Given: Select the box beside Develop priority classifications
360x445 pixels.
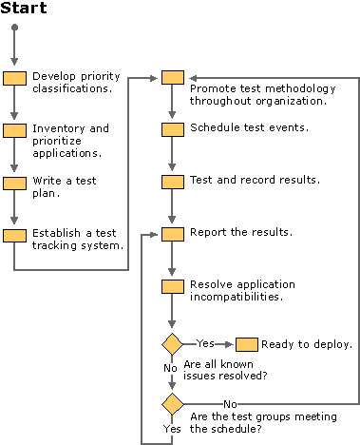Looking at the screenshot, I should click(14, 79).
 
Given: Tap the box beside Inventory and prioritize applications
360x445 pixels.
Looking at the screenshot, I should click(14, 130).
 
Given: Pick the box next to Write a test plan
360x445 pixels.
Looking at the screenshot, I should click(14, 183).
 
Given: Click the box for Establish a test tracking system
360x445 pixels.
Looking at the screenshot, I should click(14, 235).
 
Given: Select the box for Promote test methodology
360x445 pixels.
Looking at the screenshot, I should click(172, 78).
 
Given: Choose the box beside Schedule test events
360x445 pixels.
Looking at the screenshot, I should click(172, 129).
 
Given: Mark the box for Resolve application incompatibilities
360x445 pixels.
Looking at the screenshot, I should click(172, 286).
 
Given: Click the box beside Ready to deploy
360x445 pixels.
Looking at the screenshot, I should click(246, 343).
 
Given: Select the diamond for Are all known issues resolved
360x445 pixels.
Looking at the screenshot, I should click(172, 343).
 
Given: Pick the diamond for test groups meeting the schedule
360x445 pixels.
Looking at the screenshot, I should click(172, 403).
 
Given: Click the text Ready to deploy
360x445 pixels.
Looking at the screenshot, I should click(294, 343).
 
